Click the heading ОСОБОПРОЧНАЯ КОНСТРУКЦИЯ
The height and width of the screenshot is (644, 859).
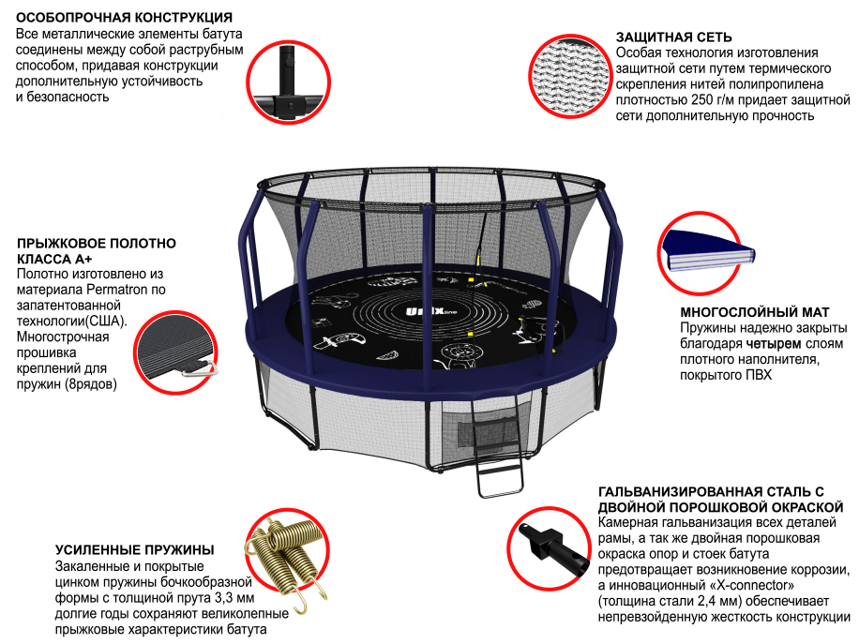[124, 18]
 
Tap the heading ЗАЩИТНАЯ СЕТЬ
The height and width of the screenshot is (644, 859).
[674, 37]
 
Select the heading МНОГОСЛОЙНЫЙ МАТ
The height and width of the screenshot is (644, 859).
[755, 312]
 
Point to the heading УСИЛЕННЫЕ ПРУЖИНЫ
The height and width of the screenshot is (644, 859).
[135, 550]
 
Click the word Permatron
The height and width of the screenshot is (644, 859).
[117, 290]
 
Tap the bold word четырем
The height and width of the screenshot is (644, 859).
[770, 344]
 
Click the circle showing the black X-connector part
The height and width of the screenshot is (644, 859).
[549, 548]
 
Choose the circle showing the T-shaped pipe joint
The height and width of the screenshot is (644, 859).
[288, 82]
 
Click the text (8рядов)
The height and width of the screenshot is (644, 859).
[91, 384]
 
